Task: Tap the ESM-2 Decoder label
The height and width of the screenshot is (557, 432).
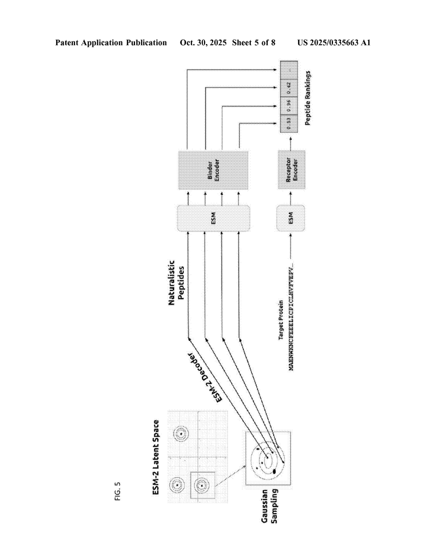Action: click(207, 376)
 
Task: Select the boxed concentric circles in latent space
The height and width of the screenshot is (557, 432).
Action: click(201, 485)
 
